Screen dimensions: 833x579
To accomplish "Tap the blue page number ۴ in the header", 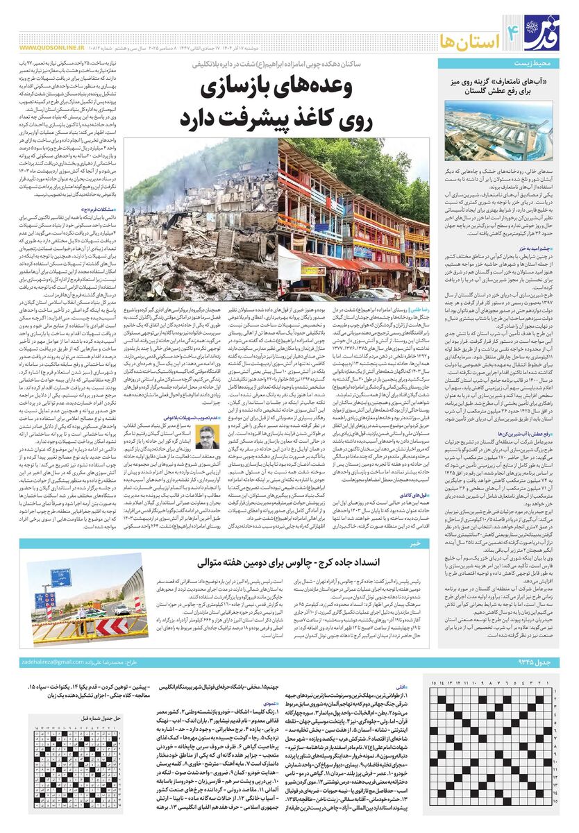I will (x=515, y=29).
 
